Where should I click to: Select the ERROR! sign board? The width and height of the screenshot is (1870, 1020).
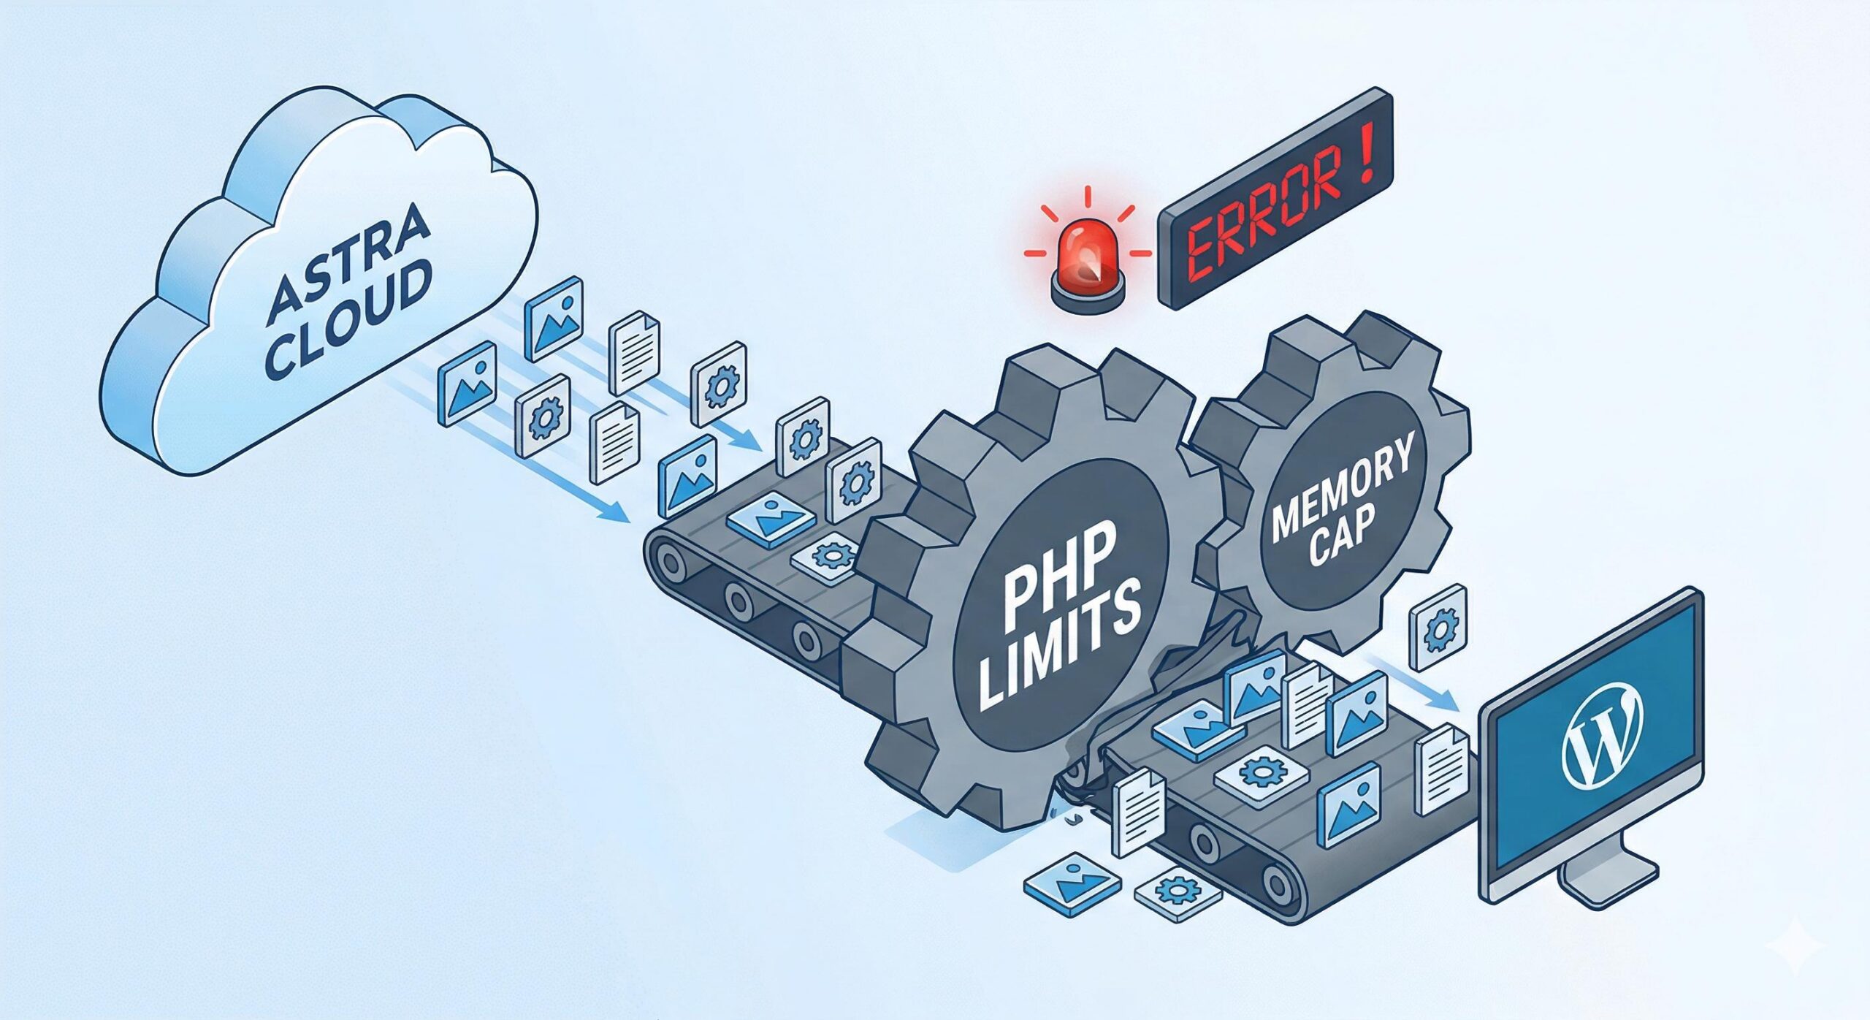click(1275, 201)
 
